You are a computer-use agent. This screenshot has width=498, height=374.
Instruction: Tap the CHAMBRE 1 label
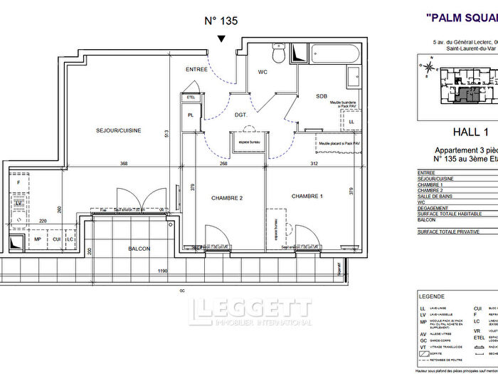(307, 196)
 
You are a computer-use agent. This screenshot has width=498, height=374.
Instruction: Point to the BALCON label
(139, 249)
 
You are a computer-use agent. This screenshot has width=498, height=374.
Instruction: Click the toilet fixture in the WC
(279, 53)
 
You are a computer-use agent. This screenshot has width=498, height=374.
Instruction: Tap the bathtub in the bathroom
(333, 53)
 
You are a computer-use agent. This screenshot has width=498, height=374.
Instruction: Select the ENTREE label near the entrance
(196, 69)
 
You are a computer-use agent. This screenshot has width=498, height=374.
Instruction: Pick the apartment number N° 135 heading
(221, 21)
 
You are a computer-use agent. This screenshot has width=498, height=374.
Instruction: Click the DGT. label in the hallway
(241, 113)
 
